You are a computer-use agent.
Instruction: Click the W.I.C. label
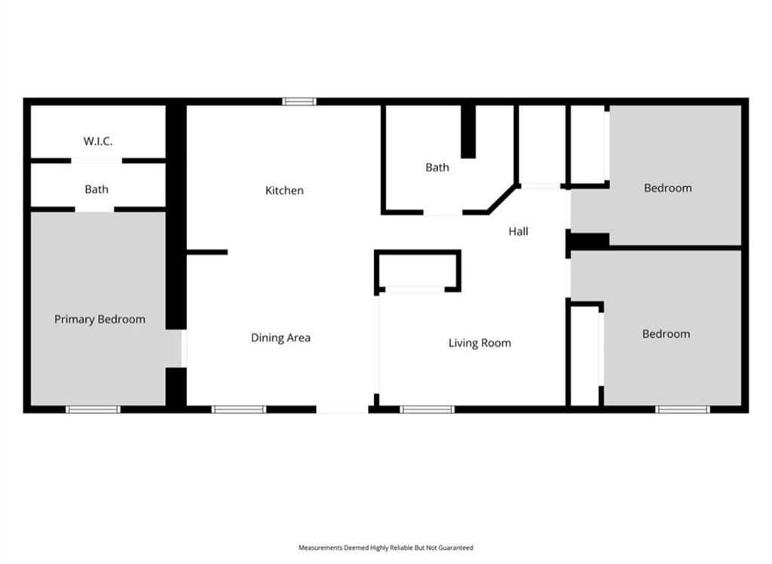point(97,141)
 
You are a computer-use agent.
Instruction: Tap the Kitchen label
point(284,191)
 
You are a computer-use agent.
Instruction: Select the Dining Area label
point(280,338)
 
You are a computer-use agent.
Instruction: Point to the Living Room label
point(479,343)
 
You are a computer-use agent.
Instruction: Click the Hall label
point(519,231)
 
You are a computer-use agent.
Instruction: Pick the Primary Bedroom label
point(100,320)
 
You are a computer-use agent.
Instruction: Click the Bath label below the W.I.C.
point(96,189)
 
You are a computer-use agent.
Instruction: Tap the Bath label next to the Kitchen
point(437,167)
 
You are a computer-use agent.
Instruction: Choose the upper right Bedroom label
point(668,188)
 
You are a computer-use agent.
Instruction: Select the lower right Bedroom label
point(666,334)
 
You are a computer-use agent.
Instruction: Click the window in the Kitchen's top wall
point(299,102)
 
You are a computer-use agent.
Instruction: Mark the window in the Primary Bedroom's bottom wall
point(93,409)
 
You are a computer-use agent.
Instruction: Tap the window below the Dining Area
point(239,409)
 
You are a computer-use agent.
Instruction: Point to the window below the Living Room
point(427,409)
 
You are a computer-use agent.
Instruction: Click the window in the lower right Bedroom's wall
point(683,409)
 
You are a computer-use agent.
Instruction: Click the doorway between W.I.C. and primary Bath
point(96,161)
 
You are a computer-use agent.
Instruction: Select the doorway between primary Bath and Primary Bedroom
point(94,210)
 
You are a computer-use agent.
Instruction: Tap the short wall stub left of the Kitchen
point(207,252)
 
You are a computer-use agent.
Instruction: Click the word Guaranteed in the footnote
point(458,547)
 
